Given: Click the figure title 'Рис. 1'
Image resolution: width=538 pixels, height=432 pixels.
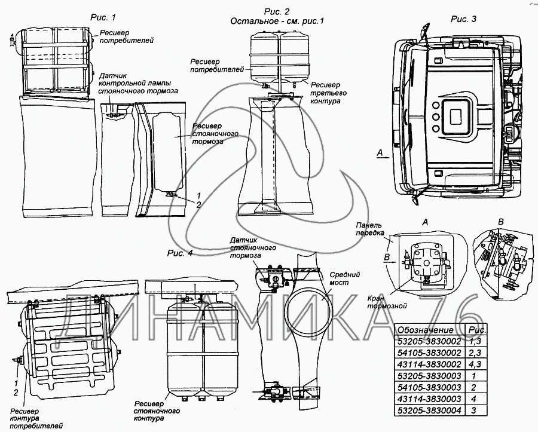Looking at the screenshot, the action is (103, 17).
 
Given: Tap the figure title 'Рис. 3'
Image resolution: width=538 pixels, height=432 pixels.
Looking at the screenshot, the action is (463, 19).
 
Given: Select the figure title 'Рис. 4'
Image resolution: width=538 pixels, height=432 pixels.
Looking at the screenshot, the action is (180, 253).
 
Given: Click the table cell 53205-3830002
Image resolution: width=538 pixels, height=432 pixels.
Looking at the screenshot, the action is (429, 341).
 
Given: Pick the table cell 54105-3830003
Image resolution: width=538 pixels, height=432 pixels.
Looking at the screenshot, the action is (429, 387).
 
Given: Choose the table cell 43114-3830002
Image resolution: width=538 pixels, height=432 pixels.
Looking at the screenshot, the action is (429, 364).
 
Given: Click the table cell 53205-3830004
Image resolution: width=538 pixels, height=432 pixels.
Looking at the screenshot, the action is (429, 410).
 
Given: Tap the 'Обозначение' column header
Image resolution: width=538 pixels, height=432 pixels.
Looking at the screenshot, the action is (426, 330).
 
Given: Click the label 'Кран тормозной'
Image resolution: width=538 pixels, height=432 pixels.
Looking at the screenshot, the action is (387, 302).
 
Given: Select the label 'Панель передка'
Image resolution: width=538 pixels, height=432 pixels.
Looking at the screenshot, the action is (369, 229).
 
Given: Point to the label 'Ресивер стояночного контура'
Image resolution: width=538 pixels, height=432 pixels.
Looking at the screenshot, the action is (157, 412).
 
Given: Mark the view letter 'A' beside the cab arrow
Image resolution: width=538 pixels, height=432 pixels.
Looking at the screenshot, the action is (380, 152).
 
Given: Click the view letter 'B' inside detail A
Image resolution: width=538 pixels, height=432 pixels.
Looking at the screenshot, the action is (387, 257).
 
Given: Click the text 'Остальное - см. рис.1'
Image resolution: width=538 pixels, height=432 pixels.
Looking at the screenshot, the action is (277, 22).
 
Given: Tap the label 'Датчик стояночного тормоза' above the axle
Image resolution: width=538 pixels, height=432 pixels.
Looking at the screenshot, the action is (253, 248).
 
